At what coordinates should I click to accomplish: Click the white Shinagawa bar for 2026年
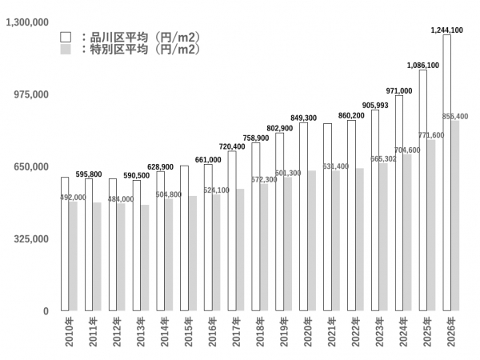point(446,172)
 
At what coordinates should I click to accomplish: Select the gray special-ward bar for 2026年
point(455,216)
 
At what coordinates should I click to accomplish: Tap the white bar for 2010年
point(65,244)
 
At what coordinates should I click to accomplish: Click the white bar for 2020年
point(303,216)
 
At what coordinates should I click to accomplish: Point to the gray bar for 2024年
point(407,232)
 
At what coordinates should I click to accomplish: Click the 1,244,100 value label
point(446,30)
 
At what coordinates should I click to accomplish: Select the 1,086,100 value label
point(422,66)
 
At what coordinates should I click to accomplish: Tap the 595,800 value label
point(89,174)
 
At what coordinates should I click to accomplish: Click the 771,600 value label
point(431,135)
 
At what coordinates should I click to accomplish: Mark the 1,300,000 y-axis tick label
point(28,22)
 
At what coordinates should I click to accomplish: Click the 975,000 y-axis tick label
point(33,94)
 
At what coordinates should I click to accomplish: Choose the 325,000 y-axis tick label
point(33,238)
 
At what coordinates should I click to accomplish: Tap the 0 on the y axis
point(46,311)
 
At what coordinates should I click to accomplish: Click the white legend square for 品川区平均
point(66,37)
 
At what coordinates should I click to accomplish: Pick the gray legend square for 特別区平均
point(66,50)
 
